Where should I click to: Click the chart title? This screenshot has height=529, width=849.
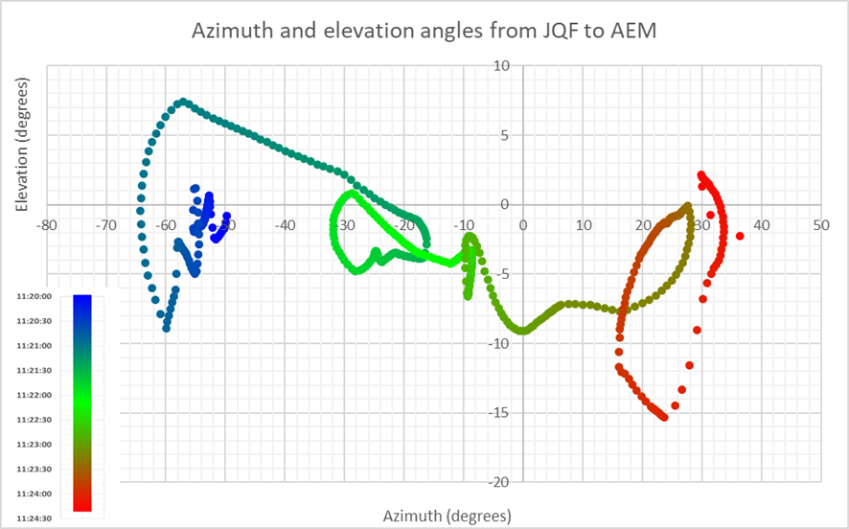(x=424, y=31)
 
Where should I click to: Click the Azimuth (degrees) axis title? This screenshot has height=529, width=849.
(x=447, y=516)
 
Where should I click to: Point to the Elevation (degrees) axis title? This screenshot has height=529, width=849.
(x=22, y=144)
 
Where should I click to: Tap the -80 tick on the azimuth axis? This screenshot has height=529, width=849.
(x=47, y=224)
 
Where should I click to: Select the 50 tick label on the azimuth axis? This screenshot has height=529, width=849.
(x=821, y=224)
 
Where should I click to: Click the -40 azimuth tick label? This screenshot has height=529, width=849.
(x=285, y=224)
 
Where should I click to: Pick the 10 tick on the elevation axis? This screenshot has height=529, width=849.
(x=501, y=66)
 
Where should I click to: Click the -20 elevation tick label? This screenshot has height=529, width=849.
(x=498, y=482)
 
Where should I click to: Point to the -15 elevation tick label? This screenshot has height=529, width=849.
(x=498, y=413)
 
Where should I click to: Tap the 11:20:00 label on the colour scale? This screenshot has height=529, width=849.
(x=34, y=297)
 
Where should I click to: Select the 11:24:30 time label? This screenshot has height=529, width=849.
(x=34, y=518)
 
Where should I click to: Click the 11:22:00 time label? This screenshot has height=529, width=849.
(x=34, y=395)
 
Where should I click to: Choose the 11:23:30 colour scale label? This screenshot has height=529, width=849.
(x=34, y=469)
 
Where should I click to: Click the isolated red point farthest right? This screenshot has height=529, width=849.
(x=740, y=236)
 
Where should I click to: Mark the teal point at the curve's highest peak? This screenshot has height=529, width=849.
(x=183, y=103)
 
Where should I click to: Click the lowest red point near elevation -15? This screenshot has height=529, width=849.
(x=664, y=417)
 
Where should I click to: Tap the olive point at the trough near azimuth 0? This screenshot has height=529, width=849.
(x=522, y=331)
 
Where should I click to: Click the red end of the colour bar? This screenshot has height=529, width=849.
(x=82, y=506)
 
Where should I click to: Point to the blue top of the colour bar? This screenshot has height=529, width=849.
(x=82, y=301)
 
